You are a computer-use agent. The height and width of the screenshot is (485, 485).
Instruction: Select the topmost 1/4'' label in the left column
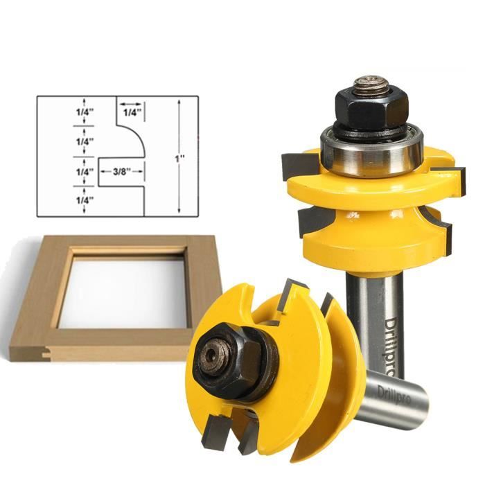pos(85,112)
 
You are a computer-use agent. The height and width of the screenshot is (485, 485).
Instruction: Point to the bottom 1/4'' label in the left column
pos(85,200)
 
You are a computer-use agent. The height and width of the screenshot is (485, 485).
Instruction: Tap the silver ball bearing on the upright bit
pos(371,152)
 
